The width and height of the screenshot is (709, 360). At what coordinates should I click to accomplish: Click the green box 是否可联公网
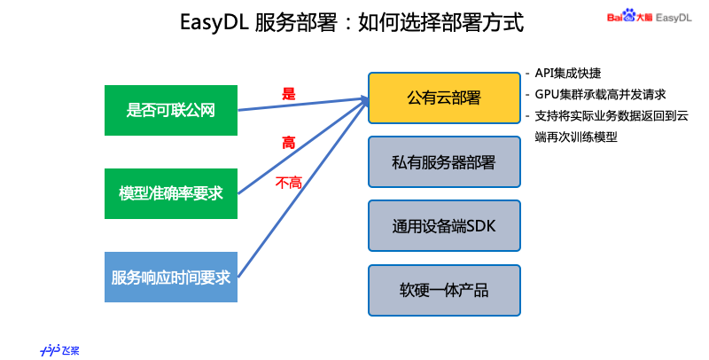point(171,110)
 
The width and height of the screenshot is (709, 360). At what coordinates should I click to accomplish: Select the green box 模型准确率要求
point(171,192)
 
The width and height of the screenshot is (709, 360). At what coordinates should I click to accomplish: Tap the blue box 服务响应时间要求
point(171,276)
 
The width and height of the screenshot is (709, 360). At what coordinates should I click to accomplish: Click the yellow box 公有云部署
point(443,97)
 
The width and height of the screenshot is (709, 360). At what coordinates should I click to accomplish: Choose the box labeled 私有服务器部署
point(443,162)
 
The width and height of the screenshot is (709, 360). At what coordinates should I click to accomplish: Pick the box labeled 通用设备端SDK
point(443,226)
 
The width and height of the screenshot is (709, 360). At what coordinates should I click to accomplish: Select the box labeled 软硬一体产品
point(443,290)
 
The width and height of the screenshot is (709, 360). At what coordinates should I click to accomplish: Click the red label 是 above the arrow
point(288,93)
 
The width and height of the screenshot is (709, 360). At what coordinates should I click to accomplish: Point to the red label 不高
point(289,183)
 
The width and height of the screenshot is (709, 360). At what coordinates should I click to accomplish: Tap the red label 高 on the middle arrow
point(289,142)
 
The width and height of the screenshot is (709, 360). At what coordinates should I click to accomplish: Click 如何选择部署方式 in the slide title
point(440,22)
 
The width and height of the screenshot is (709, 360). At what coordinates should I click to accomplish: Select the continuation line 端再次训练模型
point(575,137)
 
